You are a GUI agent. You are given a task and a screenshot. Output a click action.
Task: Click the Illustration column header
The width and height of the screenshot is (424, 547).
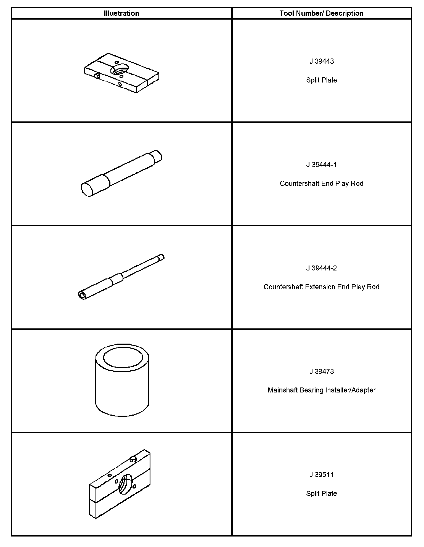121,13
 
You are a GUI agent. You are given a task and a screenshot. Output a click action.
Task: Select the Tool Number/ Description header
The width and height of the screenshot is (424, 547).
321,13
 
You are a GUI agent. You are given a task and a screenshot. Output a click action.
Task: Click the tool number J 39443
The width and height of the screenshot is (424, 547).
321,61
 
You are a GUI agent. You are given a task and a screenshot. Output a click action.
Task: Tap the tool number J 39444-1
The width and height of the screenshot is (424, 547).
321,165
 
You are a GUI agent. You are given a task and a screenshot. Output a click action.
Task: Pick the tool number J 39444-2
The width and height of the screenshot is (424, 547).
321,268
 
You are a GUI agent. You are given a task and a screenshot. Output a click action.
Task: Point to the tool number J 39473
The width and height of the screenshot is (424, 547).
321,371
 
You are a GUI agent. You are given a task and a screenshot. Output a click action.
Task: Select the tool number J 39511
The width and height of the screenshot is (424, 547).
321,475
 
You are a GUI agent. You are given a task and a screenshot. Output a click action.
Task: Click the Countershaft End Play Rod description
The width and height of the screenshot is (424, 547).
321,184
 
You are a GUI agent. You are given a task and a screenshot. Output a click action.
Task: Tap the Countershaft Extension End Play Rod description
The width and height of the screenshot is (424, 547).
321,287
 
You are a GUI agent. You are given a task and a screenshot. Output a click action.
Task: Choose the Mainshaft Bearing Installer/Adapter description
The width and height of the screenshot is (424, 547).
321,390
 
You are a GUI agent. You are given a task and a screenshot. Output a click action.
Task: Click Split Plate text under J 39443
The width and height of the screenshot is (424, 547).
321,80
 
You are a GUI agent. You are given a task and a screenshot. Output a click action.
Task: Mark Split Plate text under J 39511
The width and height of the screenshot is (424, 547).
321,493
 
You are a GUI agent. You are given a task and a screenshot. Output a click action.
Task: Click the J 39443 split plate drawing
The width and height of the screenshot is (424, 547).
121,73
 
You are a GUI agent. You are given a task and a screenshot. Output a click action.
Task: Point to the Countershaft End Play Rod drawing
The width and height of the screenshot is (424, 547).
121,173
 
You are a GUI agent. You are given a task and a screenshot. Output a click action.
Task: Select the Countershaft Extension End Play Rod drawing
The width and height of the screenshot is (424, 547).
121,277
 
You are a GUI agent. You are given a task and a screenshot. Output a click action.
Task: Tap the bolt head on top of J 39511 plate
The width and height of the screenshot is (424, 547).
133,459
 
